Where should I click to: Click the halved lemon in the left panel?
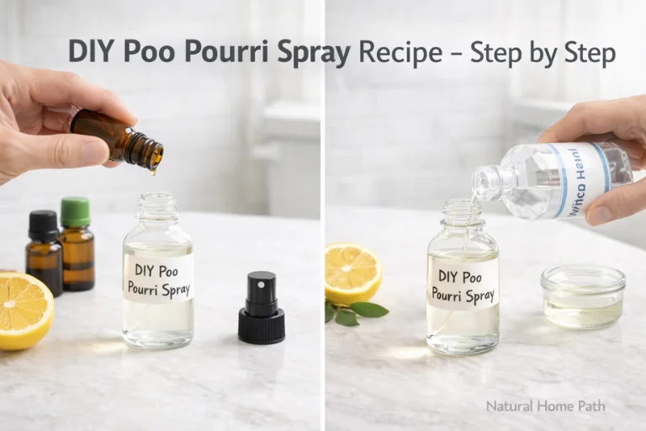23,309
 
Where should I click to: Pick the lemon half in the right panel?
352,273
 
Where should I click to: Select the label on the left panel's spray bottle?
159,277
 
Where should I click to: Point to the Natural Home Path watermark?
545,406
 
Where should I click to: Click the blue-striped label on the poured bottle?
580,178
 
